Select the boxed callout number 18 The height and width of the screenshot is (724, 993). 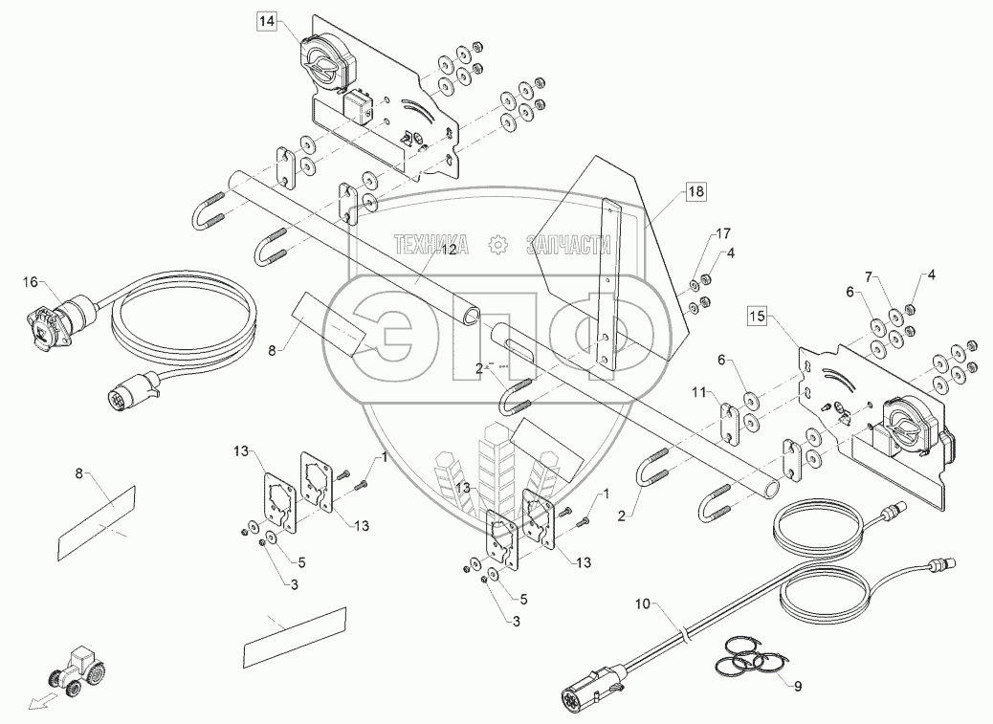coord(695,191)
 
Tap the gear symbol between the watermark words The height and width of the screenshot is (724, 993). coord(498,245)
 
